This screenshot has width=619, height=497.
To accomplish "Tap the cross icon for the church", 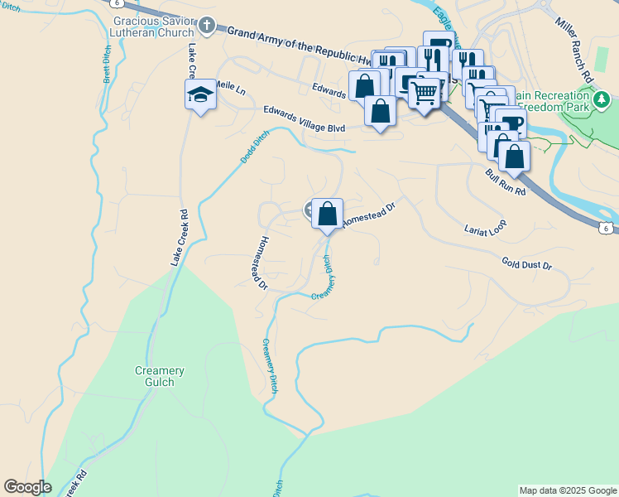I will tap(207, 26).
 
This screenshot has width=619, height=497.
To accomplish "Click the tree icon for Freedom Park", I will tap(602, 101).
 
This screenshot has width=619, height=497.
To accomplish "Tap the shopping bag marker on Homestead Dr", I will tap(328, 214).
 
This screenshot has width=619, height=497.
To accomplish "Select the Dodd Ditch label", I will tap(255, 147).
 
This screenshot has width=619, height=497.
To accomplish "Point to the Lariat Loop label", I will tap(484, 229).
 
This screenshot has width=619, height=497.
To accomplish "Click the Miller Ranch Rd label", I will tap(576, 49).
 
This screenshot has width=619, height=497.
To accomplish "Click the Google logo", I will tap(27, 487).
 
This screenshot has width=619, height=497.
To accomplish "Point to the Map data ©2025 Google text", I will tap(568, 490).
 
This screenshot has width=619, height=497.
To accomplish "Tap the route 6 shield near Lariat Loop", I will tap(607, 228).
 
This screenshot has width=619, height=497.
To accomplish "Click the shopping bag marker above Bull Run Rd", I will tap(514, 156).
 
